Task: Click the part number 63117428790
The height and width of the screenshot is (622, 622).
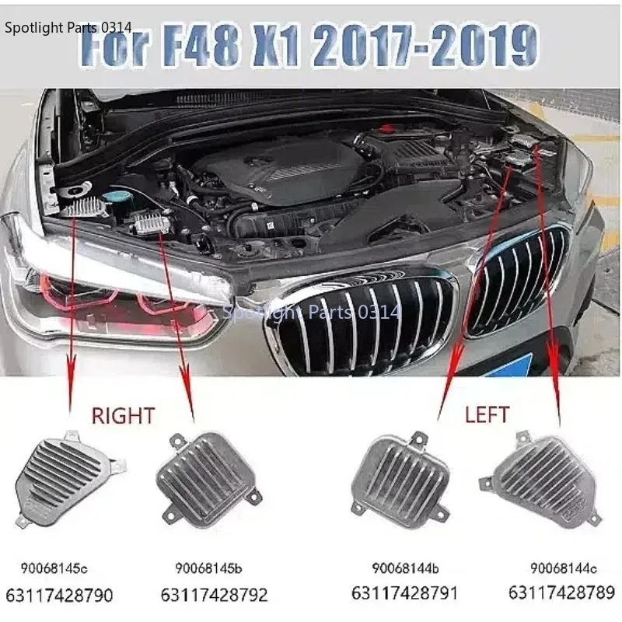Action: (59, 596)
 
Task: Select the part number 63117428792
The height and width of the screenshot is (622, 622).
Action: (215, 596)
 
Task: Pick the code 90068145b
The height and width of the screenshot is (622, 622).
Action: (210, 570)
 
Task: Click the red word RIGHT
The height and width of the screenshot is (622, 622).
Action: (123, 416)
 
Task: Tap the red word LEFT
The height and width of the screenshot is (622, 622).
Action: (487, 414)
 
